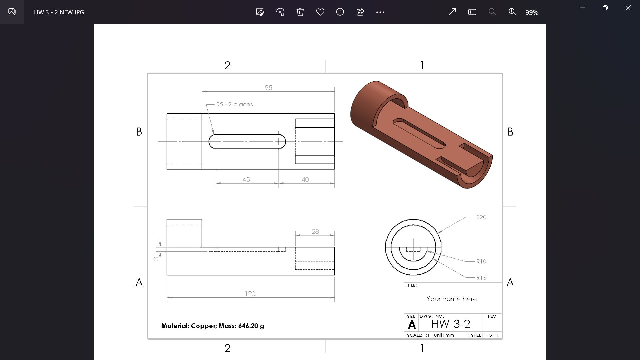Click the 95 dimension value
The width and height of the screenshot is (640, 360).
coord(268,88)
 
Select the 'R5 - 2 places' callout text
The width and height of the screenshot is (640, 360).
coord(234,104)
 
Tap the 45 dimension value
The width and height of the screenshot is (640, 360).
coord(246,180)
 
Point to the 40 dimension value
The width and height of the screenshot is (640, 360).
coord(305,180)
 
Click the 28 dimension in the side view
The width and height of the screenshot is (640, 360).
coord(315,231)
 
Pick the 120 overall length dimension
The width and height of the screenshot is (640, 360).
coord(250,294)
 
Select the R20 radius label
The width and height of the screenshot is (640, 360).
coord(481,217)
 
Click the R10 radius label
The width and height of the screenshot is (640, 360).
coord(481,262)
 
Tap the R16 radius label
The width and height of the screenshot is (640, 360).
coord(481,278)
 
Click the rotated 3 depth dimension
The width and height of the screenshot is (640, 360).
coord(156,258)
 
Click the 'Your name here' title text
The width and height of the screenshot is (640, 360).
coord(451,299)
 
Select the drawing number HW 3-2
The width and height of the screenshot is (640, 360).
coord(450,324)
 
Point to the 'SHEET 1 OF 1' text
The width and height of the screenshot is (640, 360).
coord(484,335)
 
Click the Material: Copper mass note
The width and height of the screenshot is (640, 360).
coord(213,326)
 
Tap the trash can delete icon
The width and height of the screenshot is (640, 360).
coord(300,12)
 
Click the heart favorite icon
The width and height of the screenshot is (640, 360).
coord(320,12)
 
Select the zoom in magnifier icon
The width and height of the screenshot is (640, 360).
coord(512,12)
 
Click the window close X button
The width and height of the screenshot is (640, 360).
coord(628,8)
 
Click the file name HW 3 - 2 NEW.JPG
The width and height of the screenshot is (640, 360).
coord(59,12)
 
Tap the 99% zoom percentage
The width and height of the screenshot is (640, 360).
coord(532,13)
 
